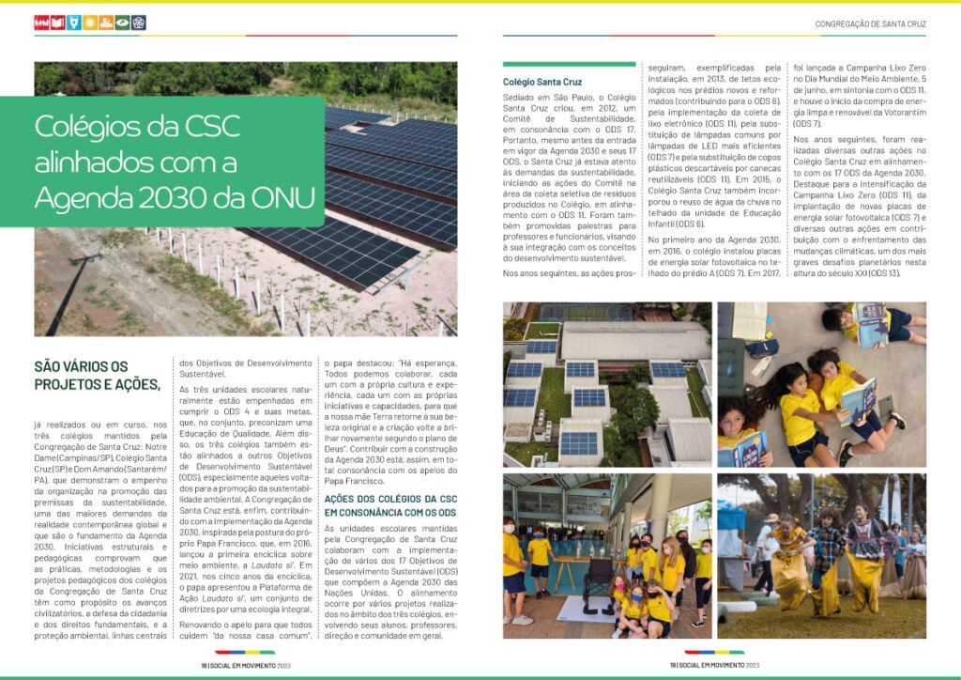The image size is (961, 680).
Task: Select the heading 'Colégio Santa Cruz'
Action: tap(542, 83)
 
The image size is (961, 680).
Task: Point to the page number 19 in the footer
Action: tap(672, 664)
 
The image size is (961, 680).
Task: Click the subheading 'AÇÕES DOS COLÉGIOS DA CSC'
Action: tap(390, 500)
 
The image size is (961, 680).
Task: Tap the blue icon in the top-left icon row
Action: tap(74, 23)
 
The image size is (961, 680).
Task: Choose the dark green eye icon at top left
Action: tap(122, 23)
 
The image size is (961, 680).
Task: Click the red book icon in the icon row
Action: tap(58, 23)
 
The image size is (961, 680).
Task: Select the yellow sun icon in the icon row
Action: tap(90, 23)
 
